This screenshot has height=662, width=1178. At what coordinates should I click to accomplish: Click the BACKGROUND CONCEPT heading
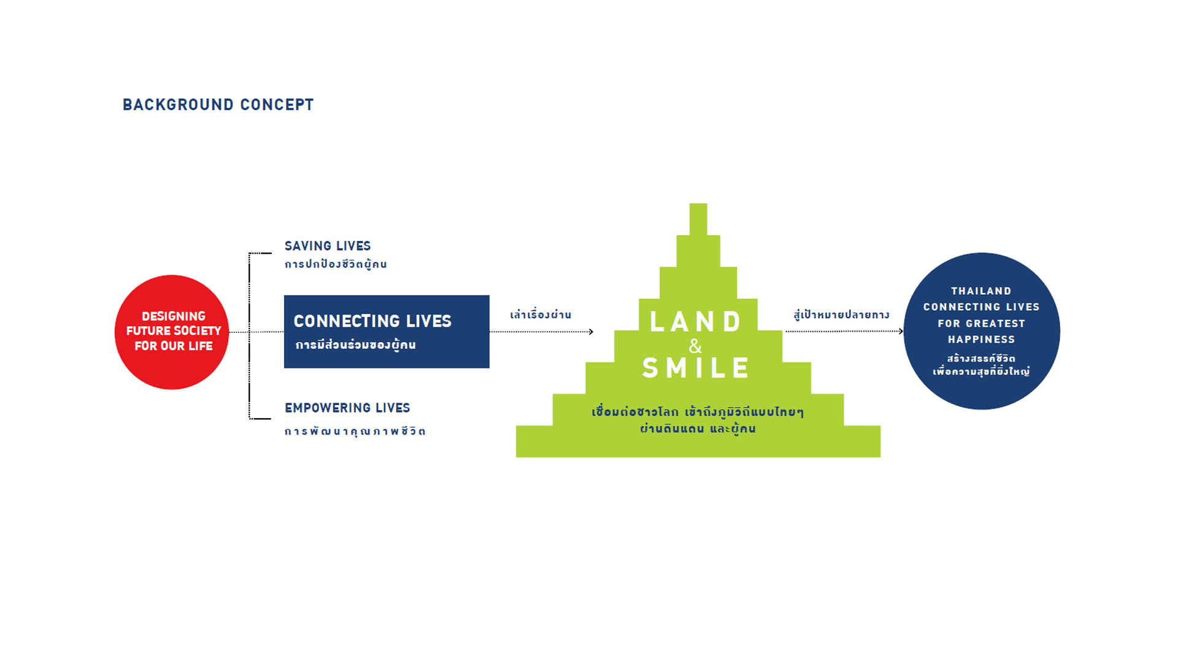coord(218,105)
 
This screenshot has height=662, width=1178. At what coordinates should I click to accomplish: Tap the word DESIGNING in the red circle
coord(174,316)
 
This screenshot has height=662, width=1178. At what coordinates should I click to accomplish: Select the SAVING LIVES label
coord(328,246)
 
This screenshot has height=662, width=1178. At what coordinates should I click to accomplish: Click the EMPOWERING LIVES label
coord(347,408)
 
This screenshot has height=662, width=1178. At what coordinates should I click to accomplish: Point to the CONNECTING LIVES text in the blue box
coord(372,321)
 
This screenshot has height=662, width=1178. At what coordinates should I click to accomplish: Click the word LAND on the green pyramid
coord(696,322)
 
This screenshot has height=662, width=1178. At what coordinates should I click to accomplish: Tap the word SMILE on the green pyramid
coord(696,368)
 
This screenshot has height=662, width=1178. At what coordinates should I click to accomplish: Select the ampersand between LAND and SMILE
coord(695,346)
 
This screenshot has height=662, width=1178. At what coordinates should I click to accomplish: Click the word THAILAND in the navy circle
coord(981,291)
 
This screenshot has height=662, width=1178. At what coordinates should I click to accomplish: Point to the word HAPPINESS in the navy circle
coord(981,340)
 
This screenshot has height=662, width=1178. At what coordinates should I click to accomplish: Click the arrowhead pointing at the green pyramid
coord(591,332)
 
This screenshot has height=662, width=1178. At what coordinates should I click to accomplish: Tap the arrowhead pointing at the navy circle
coord(901,332)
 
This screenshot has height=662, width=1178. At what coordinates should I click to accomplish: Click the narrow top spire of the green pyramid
coord(698,219)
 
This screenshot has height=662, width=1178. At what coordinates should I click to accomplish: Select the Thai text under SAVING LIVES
coord(336,264)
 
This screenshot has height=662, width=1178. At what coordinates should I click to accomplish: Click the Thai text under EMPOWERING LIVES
coord(355,431)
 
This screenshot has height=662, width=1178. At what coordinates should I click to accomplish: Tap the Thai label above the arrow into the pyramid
coord(541,314)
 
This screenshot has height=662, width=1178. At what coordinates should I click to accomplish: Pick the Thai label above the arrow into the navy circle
coord(841,314)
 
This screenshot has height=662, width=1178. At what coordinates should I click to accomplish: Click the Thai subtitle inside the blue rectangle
coord(356,344)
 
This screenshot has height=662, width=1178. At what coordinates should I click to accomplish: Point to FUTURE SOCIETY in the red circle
coord(174,331)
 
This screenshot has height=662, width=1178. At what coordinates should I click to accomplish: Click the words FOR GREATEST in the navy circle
coord(981,324)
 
